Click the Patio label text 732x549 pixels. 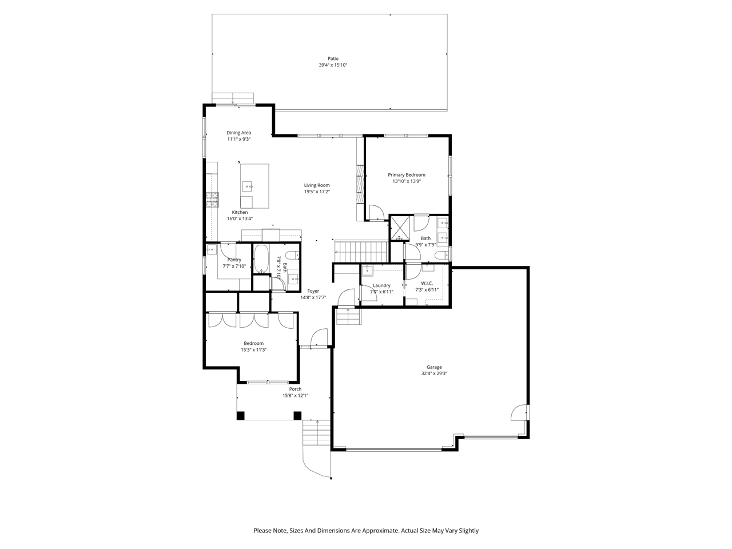tap(333, 58)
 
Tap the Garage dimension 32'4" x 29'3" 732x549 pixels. tap(433, 374)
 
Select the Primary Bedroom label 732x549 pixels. tap(407, 175)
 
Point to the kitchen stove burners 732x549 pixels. tap(212, 198)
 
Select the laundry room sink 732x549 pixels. tap(368, 270)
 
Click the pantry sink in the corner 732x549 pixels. tap(212, 250)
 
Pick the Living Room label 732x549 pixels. tap(317, 185)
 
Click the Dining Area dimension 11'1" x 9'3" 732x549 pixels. tap(238, 139)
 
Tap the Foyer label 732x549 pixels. tap(313, 291)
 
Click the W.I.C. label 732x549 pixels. tap(427, 284)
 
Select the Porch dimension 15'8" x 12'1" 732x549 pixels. tap(295, 396)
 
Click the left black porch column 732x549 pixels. tap(241, 416)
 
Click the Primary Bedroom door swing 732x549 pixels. tap(376, 213)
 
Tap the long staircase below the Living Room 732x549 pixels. tap(361, 249)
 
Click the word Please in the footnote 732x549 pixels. tap(263, 531)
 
